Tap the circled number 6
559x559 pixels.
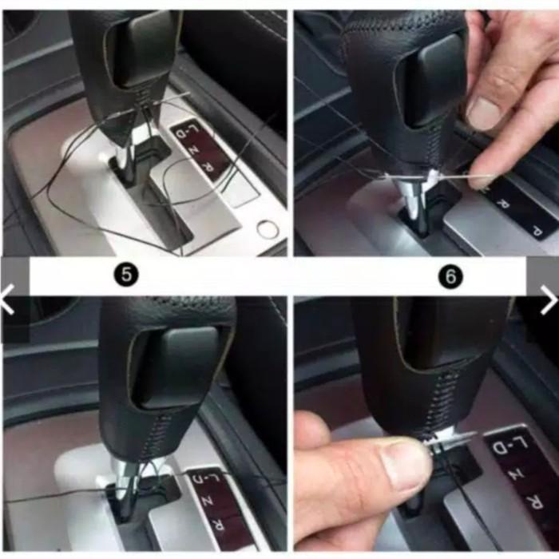[452, 276]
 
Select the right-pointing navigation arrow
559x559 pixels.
[548, 299]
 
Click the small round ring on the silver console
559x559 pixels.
[268, 229]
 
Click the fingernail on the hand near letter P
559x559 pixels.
[485, 113]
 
